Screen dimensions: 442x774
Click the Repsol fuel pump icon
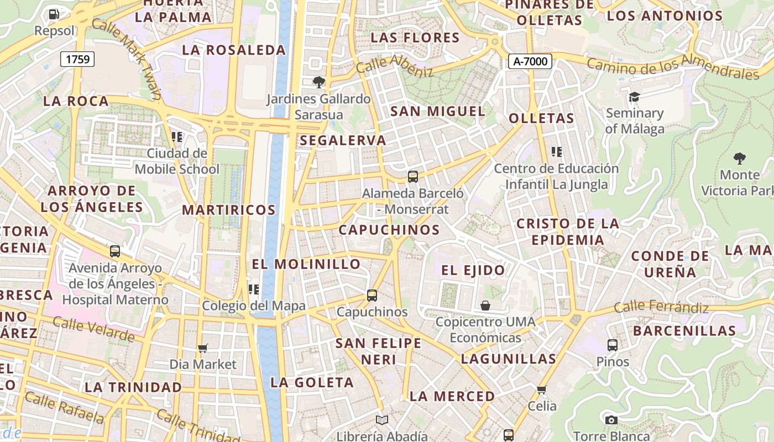[x=54, y=14]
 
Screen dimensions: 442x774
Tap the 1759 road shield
[x=77, y=59]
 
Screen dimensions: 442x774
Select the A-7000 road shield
[x=530, y=61]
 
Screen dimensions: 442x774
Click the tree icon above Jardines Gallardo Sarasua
[x=318, y=83]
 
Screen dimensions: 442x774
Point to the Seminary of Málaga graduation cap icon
[x=634, y=97]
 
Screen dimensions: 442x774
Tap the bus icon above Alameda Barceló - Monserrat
[x=412, y=177]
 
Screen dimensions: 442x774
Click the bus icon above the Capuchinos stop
[x=372, y=296]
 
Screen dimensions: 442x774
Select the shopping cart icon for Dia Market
[x=202, y=349]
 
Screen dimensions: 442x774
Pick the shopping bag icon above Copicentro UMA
[x=485, y=306]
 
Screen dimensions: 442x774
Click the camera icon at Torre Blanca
[x=611, y=420]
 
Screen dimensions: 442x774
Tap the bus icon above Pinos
[x=613, y=346]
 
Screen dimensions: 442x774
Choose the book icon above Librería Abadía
[x=381, y=420]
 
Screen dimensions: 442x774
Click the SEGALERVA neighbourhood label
[x=343, y=140]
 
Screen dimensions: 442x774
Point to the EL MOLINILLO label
[x=306, y=264]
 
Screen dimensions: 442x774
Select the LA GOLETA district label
[x=312, y=382]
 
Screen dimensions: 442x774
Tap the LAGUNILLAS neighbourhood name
[x=509, y=359]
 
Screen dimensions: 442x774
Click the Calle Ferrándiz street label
[x=661, y=307]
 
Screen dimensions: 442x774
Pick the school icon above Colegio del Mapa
[x=254, y=290]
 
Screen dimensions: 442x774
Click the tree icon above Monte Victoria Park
[x=740, y=159]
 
